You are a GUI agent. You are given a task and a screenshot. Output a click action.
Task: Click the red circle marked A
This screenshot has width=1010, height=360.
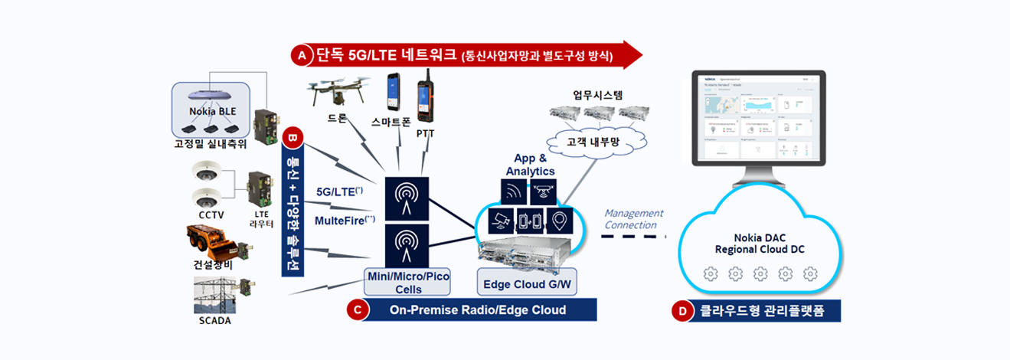point(301,55)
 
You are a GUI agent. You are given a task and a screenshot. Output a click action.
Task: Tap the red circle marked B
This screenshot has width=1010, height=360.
point(292,139)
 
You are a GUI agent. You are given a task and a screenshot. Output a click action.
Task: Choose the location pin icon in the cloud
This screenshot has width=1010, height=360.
point(562,221)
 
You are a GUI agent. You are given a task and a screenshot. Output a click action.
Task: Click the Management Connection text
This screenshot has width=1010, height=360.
point(633,219)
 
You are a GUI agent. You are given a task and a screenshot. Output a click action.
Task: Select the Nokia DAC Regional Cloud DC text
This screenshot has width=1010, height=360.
point(759,243)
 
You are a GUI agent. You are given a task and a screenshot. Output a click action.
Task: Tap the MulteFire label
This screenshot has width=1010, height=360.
point(345,221)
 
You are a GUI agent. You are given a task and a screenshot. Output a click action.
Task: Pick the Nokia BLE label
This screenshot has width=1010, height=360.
point(213,111)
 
